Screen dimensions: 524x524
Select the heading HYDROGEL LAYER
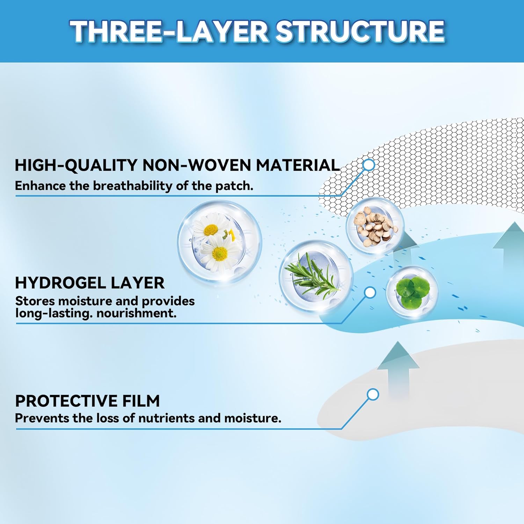tap(89, 283)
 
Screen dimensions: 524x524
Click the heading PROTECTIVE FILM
tap(87, 401)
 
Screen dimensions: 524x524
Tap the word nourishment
tap(136, 313)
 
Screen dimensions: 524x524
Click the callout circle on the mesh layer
tap(369, 165)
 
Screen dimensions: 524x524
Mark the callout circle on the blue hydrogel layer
tap(370, 292)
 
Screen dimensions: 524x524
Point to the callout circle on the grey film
tap(373, 395)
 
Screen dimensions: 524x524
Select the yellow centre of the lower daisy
tap(220, 254)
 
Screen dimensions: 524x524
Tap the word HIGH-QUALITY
tap(76, 165)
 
